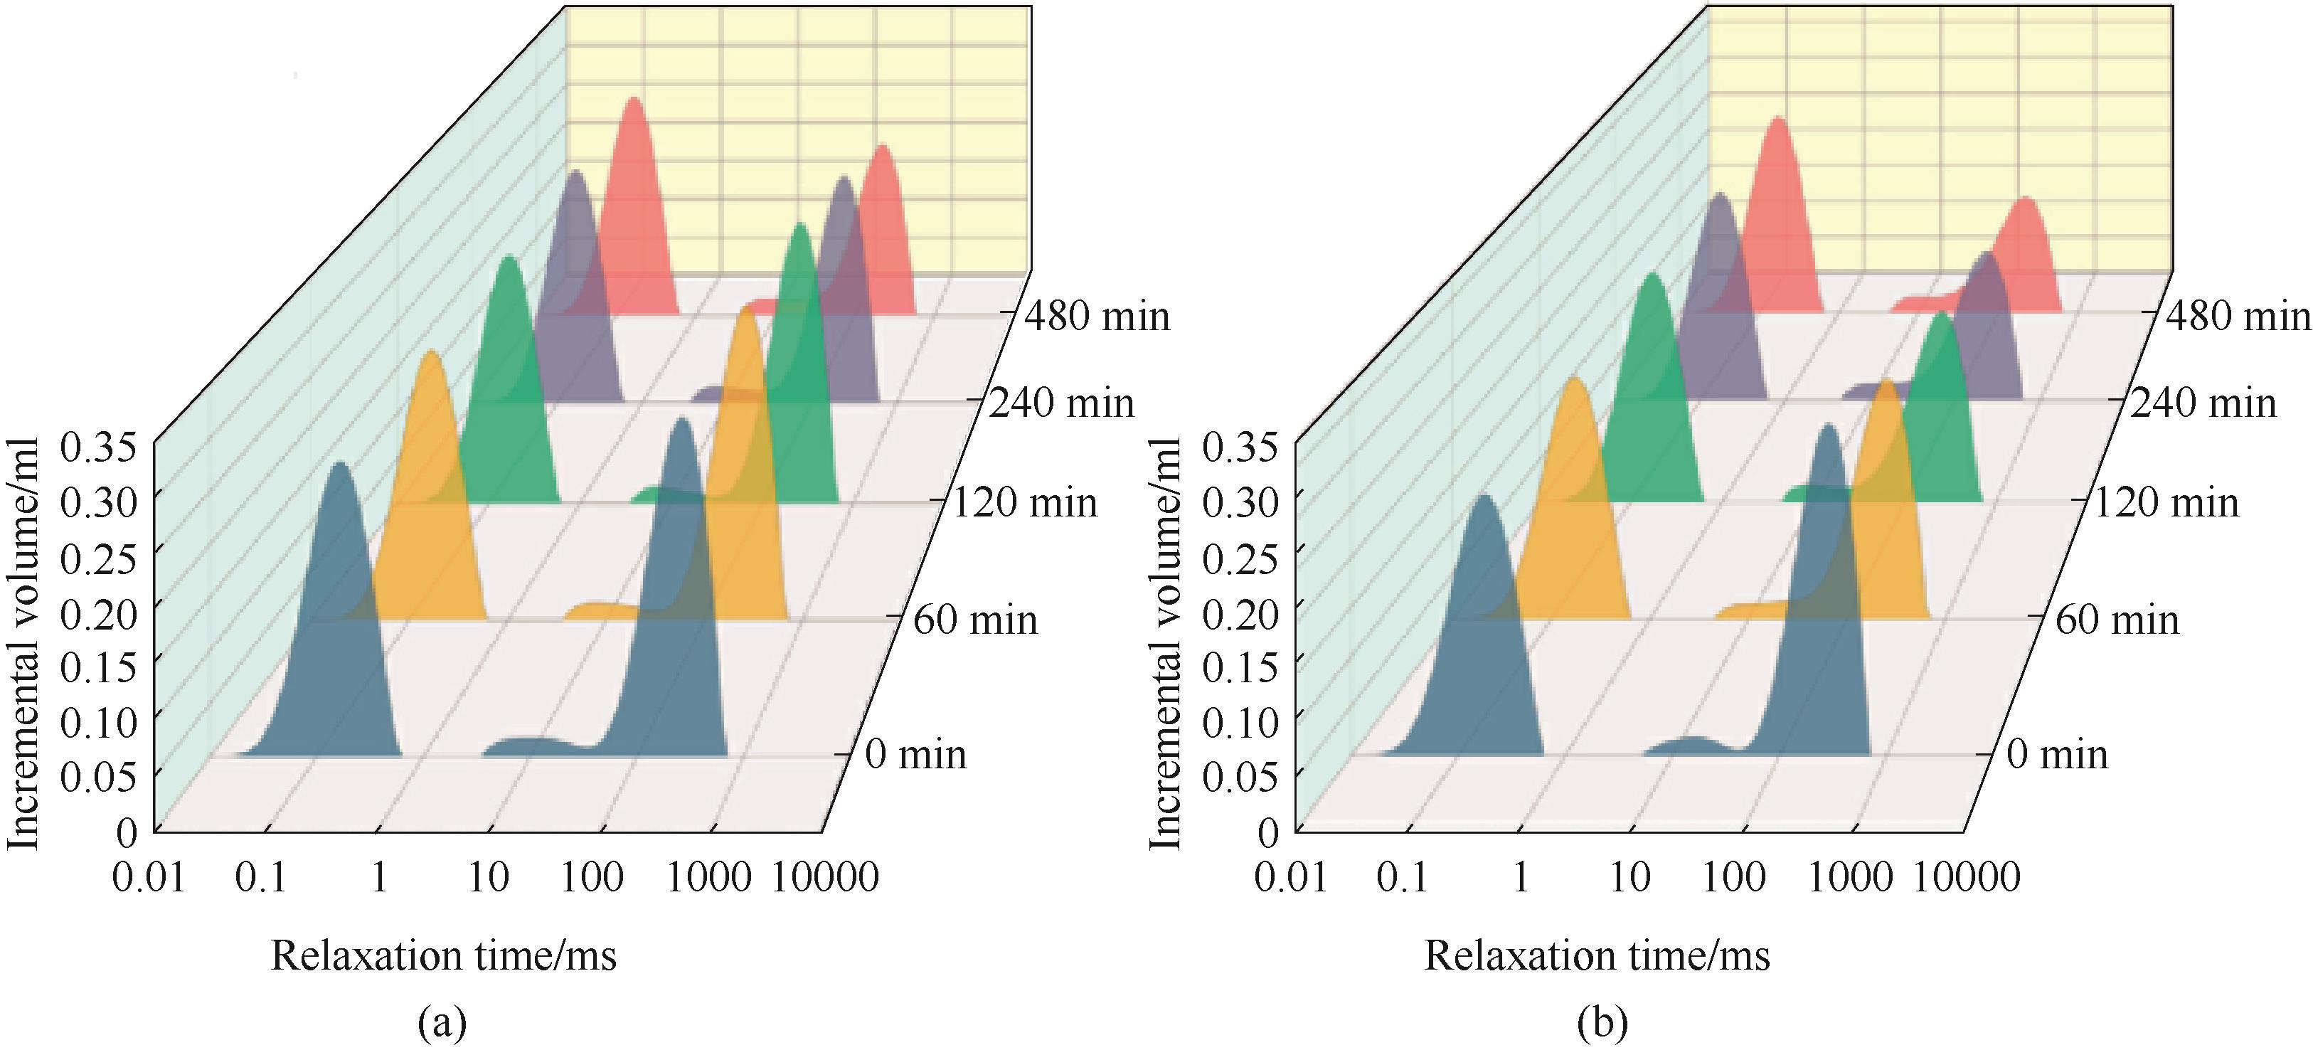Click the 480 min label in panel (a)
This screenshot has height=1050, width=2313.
(x=1098, y=317)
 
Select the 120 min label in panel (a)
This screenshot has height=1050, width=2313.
(x=1024, y=502)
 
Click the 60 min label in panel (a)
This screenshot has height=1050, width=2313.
(x=975, y=620)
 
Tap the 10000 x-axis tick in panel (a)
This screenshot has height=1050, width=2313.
(x=825, y=876)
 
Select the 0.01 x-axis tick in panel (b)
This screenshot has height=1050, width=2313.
(x=1291, y=876)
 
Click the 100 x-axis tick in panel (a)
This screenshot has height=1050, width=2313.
(x=592, y=876)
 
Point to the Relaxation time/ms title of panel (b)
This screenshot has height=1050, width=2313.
(x=1597, y=955)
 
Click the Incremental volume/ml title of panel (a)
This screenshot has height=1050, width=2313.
(x=24, y=642)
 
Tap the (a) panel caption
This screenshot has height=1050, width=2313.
(x=442, y=1022)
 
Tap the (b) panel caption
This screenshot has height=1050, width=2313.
(x=1602, y=1022)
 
